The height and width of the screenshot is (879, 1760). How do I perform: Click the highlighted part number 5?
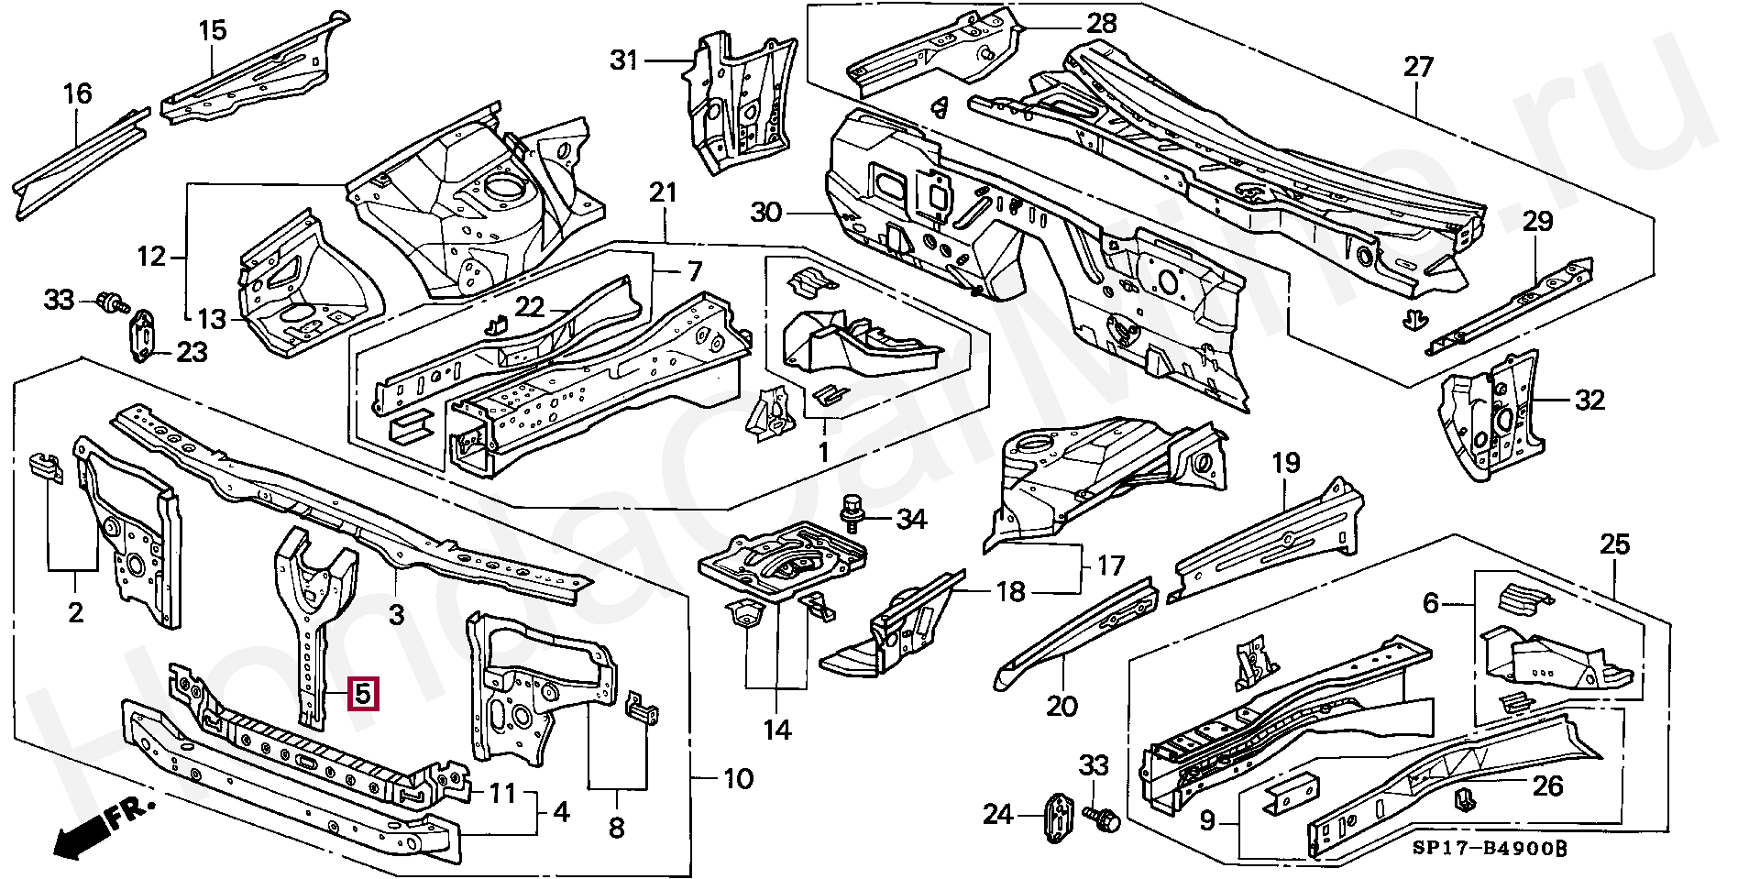point(363,694)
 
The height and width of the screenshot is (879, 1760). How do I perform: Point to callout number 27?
point(1417,67)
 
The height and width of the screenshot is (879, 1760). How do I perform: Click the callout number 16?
point(78,93)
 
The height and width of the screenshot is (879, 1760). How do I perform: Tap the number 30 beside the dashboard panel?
point(767,213)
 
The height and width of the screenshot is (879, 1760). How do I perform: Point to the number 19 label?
point(1285,463)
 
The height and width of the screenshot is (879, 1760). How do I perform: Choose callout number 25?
point(1615,545)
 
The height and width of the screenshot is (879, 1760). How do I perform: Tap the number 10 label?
point(738,779)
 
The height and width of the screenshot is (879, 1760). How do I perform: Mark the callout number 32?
point(1590,401)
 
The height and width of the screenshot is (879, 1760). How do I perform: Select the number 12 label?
point(152,257)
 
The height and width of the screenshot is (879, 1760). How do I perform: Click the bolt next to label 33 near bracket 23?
point(114,302)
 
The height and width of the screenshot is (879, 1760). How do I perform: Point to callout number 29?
point(1538,221)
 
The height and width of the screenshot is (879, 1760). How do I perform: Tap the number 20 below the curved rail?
point(1062,706)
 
